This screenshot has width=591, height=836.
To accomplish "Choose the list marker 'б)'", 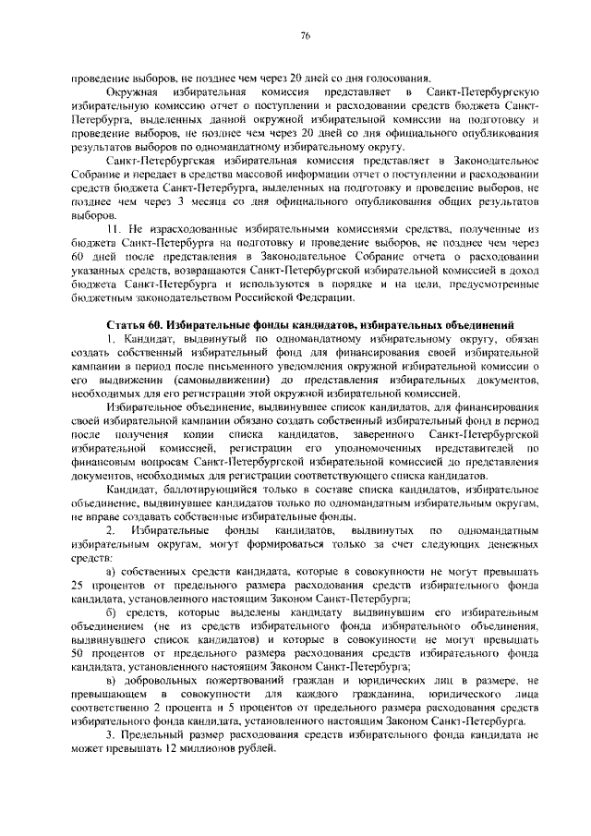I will [112, 613].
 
